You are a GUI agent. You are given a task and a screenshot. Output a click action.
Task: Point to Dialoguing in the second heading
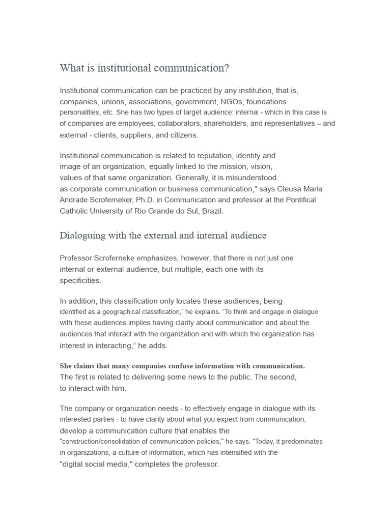[x=82, y=236]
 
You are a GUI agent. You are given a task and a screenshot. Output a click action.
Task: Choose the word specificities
[x=80, y=280]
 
